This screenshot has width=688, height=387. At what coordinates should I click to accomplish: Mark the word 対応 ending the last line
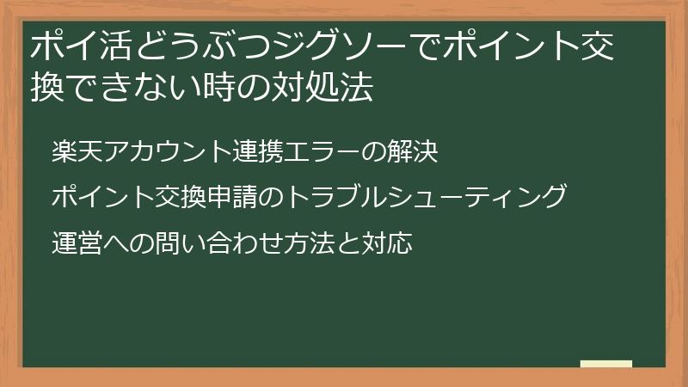[394, 243]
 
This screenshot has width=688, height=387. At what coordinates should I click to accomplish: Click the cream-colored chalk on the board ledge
[605, 363]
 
